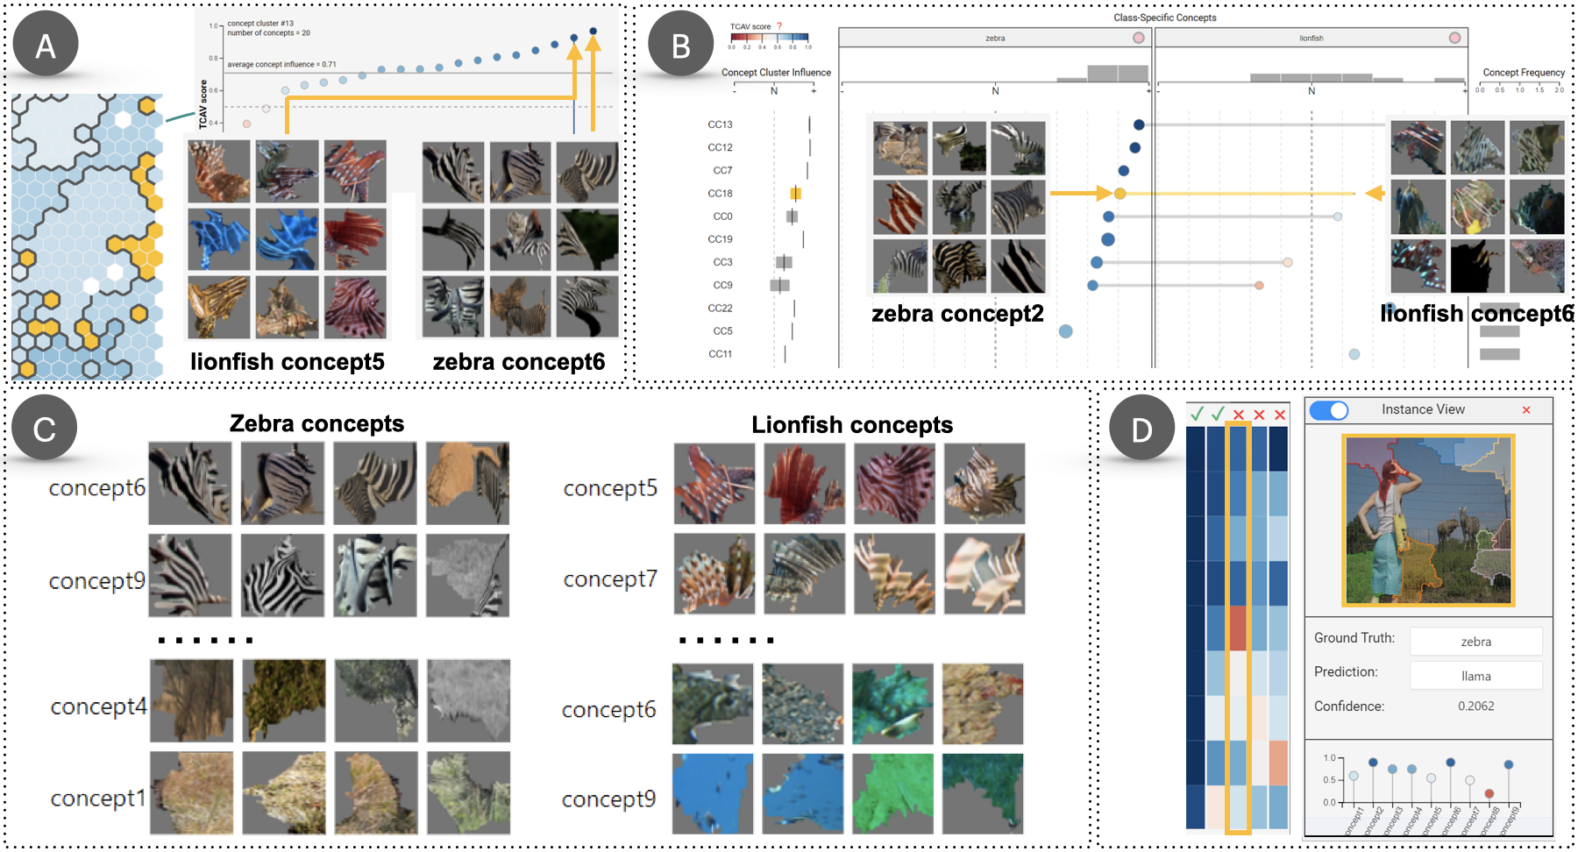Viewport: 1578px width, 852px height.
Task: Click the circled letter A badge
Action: pos(46,45)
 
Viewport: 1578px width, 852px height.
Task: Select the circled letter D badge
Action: pos(1141,429)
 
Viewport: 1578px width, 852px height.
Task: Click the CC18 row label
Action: pos(720,194)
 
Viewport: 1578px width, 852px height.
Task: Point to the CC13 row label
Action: pos(720,124)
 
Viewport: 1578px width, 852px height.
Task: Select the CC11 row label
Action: pos(720,354)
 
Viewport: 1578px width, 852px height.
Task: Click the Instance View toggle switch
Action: pos(1329,410)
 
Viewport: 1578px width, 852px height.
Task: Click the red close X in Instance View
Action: pos(1526,410)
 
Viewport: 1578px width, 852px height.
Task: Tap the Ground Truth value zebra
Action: pos(1475,642)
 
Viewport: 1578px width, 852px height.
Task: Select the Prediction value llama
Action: pos(1475,676)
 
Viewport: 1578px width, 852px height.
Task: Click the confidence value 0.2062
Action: pos(1475,706)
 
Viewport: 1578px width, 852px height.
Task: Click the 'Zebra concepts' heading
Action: pos(316,423)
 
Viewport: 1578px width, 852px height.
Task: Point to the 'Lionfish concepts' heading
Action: pos(851,425)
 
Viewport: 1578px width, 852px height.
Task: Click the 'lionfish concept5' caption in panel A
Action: pos(288,362)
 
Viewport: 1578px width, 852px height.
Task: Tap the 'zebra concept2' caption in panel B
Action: pos(957,314)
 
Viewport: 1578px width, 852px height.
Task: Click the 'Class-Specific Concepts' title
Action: pos(1164,18)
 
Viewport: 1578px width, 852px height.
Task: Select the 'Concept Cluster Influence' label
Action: pos(776,73)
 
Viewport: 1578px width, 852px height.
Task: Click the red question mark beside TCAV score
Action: pos(778,26)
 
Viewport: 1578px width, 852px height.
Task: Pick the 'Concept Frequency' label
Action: pos(1524,73)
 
